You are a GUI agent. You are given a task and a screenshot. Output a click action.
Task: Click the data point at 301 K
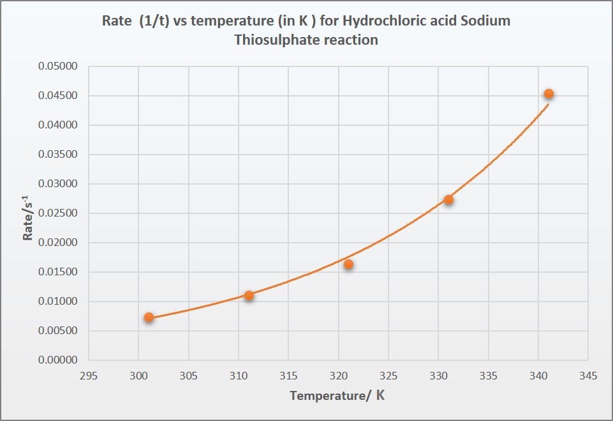[x=149, y=317]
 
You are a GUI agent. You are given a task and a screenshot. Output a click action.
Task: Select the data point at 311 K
[x=249, y=295]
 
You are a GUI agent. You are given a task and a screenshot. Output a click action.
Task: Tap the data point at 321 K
[x=348, y=264]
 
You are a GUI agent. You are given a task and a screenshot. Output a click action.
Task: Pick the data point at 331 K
[x=448, y=199]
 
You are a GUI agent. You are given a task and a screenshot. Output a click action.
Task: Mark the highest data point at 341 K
[x=549, y=94]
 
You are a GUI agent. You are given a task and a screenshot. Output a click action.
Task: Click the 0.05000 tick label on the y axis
[x=57, y=66]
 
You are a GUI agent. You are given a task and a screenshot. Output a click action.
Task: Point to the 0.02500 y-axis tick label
[x=57, y=213]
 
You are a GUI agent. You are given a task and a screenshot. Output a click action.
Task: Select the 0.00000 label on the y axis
[x=57, y=360]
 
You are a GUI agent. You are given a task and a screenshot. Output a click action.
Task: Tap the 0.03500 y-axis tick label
[x=57, y=155]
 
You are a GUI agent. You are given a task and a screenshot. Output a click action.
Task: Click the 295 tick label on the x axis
[x=89, y=376]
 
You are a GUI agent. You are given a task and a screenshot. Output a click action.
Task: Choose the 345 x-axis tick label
[x=588, y=376]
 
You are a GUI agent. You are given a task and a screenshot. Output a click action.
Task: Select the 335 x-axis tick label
[x=488, y=376]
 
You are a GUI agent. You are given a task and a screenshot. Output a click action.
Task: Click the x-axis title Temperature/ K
[x=337, y=395]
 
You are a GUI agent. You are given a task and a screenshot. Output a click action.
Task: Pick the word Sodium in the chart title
[x=487, y=20]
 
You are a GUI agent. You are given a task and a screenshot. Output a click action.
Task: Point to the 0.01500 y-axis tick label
[x=57, y=272]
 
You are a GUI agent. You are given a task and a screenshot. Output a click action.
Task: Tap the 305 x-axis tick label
[x=188, y=376]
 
